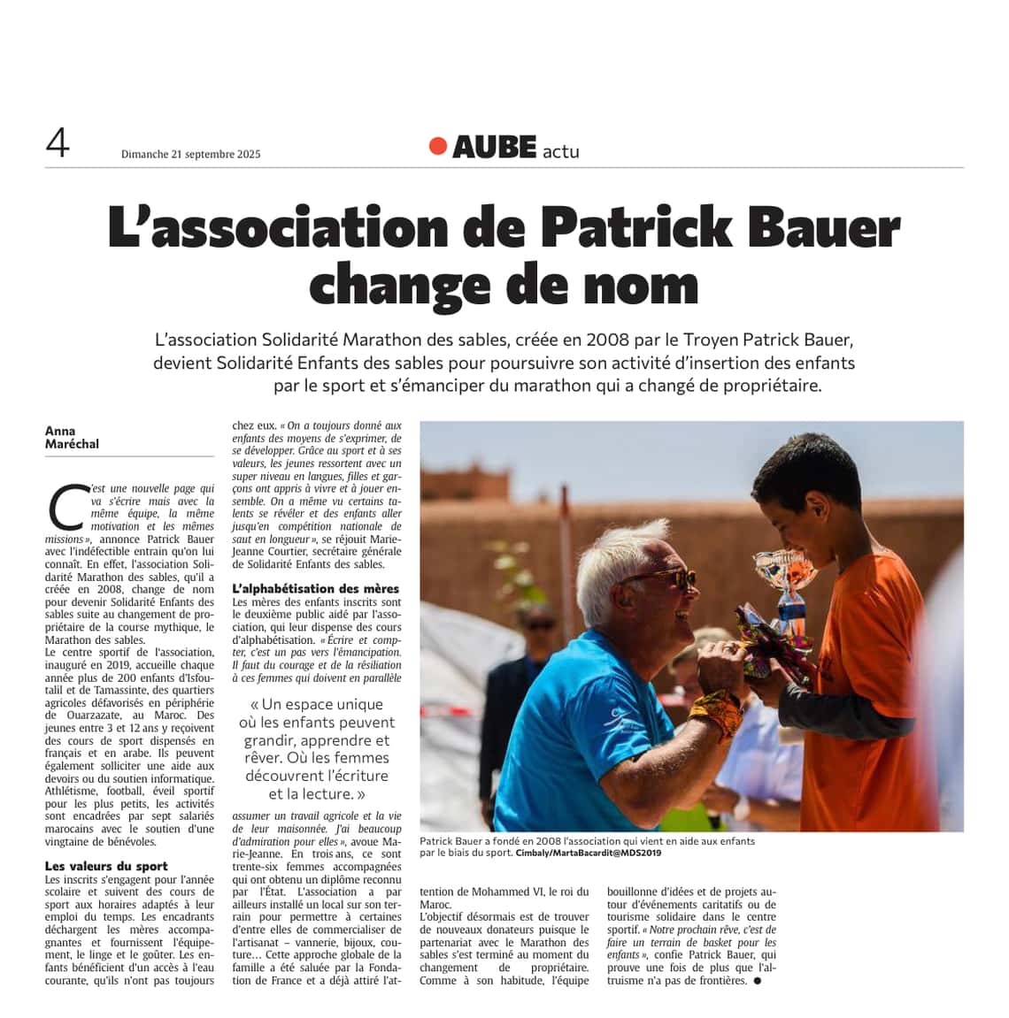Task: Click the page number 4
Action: (58, 142)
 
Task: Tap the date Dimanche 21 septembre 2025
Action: (190, 154)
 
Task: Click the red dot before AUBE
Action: (437, 146)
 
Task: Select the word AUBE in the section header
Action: (494, 148)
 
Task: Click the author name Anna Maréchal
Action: (72, 438)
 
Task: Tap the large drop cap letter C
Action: (65, 508)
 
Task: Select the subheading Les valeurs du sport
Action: (106, 866)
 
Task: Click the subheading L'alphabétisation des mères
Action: (315, 588)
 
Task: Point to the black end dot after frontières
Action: (757, 981)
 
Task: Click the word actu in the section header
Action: (560, 151)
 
